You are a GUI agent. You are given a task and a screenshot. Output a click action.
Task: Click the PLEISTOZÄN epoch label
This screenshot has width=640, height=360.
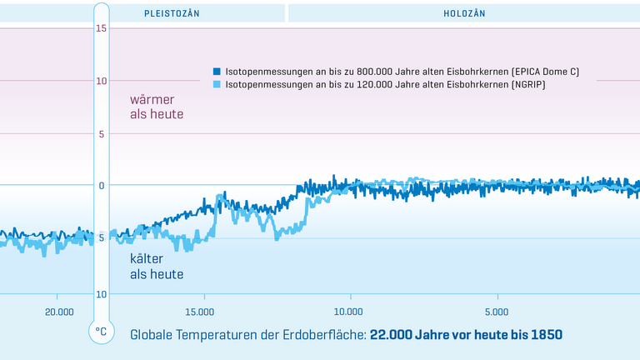(x=172, y=13)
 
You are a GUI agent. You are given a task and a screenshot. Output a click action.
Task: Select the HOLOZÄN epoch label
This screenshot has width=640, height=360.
(x=465, y=13)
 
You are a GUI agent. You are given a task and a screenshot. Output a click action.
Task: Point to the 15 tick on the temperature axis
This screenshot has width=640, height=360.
(x=102, y=28)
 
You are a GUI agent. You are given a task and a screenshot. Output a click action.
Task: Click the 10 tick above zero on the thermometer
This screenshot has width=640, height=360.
(x=102, y=81)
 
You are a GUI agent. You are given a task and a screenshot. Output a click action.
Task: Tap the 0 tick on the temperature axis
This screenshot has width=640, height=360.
(x=102, y=186)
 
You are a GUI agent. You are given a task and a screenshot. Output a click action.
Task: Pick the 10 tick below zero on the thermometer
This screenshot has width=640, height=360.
(x=102, y=293)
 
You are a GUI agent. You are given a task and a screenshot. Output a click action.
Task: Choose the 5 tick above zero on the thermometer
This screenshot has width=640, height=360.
(x=102, y=133)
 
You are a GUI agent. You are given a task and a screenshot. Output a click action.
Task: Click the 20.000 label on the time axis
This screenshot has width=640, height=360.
(x=57, y=312)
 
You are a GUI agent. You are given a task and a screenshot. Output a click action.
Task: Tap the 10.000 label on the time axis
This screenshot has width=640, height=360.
(x=347, y=312)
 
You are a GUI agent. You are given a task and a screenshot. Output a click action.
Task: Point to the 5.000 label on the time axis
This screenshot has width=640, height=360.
(x=496, y=312)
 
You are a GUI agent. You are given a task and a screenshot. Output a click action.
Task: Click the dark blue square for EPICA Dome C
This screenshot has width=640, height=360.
(x=217, y=72)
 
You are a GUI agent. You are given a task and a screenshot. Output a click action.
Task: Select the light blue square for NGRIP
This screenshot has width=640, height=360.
(x=217, y=85)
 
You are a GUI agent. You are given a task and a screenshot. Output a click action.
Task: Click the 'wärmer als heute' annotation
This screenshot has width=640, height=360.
(x=156, y=107)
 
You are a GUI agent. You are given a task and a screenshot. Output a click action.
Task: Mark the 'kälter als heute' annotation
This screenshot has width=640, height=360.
(x=156, y=266)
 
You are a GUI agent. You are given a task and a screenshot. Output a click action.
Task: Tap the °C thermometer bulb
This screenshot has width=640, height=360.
(x=102, y=331)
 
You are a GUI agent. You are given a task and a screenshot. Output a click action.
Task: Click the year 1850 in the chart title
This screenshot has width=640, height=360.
(x=545, y=334)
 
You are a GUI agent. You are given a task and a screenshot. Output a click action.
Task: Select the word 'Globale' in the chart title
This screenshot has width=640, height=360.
(x=153, y=334)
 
